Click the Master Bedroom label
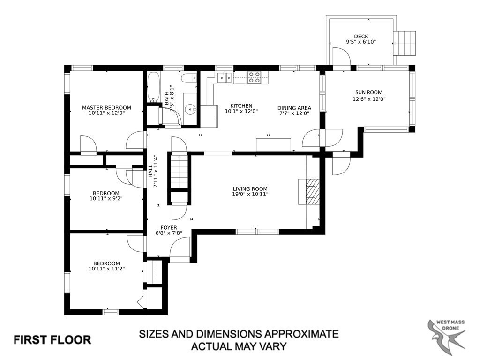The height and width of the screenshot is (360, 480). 106,107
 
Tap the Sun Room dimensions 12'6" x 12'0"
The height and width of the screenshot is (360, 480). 369,99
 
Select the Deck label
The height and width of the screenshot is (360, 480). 361,37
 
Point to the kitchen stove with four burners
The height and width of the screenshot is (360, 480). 254,77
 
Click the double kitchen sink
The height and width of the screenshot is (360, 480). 225,78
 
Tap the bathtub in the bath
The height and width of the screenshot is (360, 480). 153,87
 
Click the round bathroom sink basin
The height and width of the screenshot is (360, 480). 192,108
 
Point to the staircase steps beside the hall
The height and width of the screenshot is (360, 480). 179,172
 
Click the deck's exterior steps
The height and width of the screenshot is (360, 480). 404,43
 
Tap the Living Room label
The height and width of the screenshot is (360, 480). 250,189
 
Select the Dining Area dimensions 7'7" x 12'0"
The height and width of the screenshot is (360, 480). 294,113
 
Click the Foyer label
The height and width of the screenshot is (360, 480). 169,228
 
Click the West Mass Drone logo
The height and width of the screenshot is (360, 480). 446,334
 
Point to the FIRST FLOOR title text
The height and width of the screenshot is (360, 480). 52,340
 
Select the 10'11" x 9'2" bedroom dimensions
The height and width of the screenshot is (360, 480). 106,198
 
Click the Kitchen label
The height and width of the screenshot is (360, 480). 241,106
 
